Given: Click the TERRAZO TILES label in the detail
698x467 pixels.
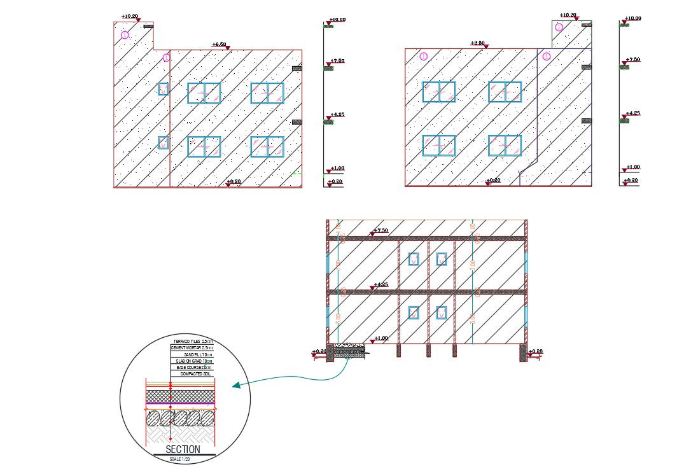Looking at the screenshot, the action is (193, 342).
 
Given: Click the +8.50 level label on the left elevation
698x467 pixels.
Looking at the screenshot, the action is (219, 45).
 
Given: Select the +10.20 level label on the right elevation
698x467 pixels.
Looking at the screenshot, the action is (568, 15).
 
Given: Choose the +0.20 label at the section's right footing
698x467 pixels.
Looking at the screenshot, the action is (536, 351).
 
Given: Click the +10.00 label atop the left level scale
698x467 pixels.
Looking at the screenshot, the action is (337, 20).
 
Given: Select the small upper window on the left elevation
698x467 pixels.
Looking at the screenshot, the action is (163, 89).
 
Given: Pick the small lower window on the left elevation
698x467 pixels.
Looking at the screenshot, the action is (163, 143).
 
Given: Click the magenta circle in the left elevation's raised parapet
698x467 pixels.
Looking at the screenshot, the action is (125, 35).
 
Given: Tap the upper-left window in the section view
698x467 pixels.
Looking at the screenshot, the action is (414, 259).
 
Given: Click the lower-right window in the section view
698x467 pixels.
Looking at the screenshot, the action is (441, 312).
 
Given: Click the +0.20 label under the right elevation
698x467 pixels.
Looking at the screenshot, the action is (493, 181).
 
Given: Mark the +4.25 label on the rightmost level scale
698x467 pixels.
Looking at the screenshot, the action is (633, 113).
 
